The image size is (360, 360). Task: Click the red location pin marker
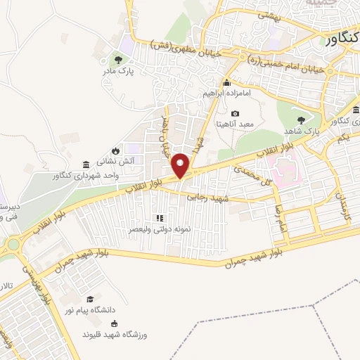[x=181, y=165]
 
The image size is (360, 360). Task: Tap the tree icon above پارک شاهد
[x=302, y=120]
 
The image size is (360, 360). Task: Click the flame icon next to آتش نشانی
[x=115, y=150]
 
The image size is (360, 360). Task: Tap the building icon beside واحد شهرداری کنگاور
[x=86, y=163]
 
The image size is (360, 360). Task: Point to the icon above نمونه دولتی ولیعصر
[x=160, y=218]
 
